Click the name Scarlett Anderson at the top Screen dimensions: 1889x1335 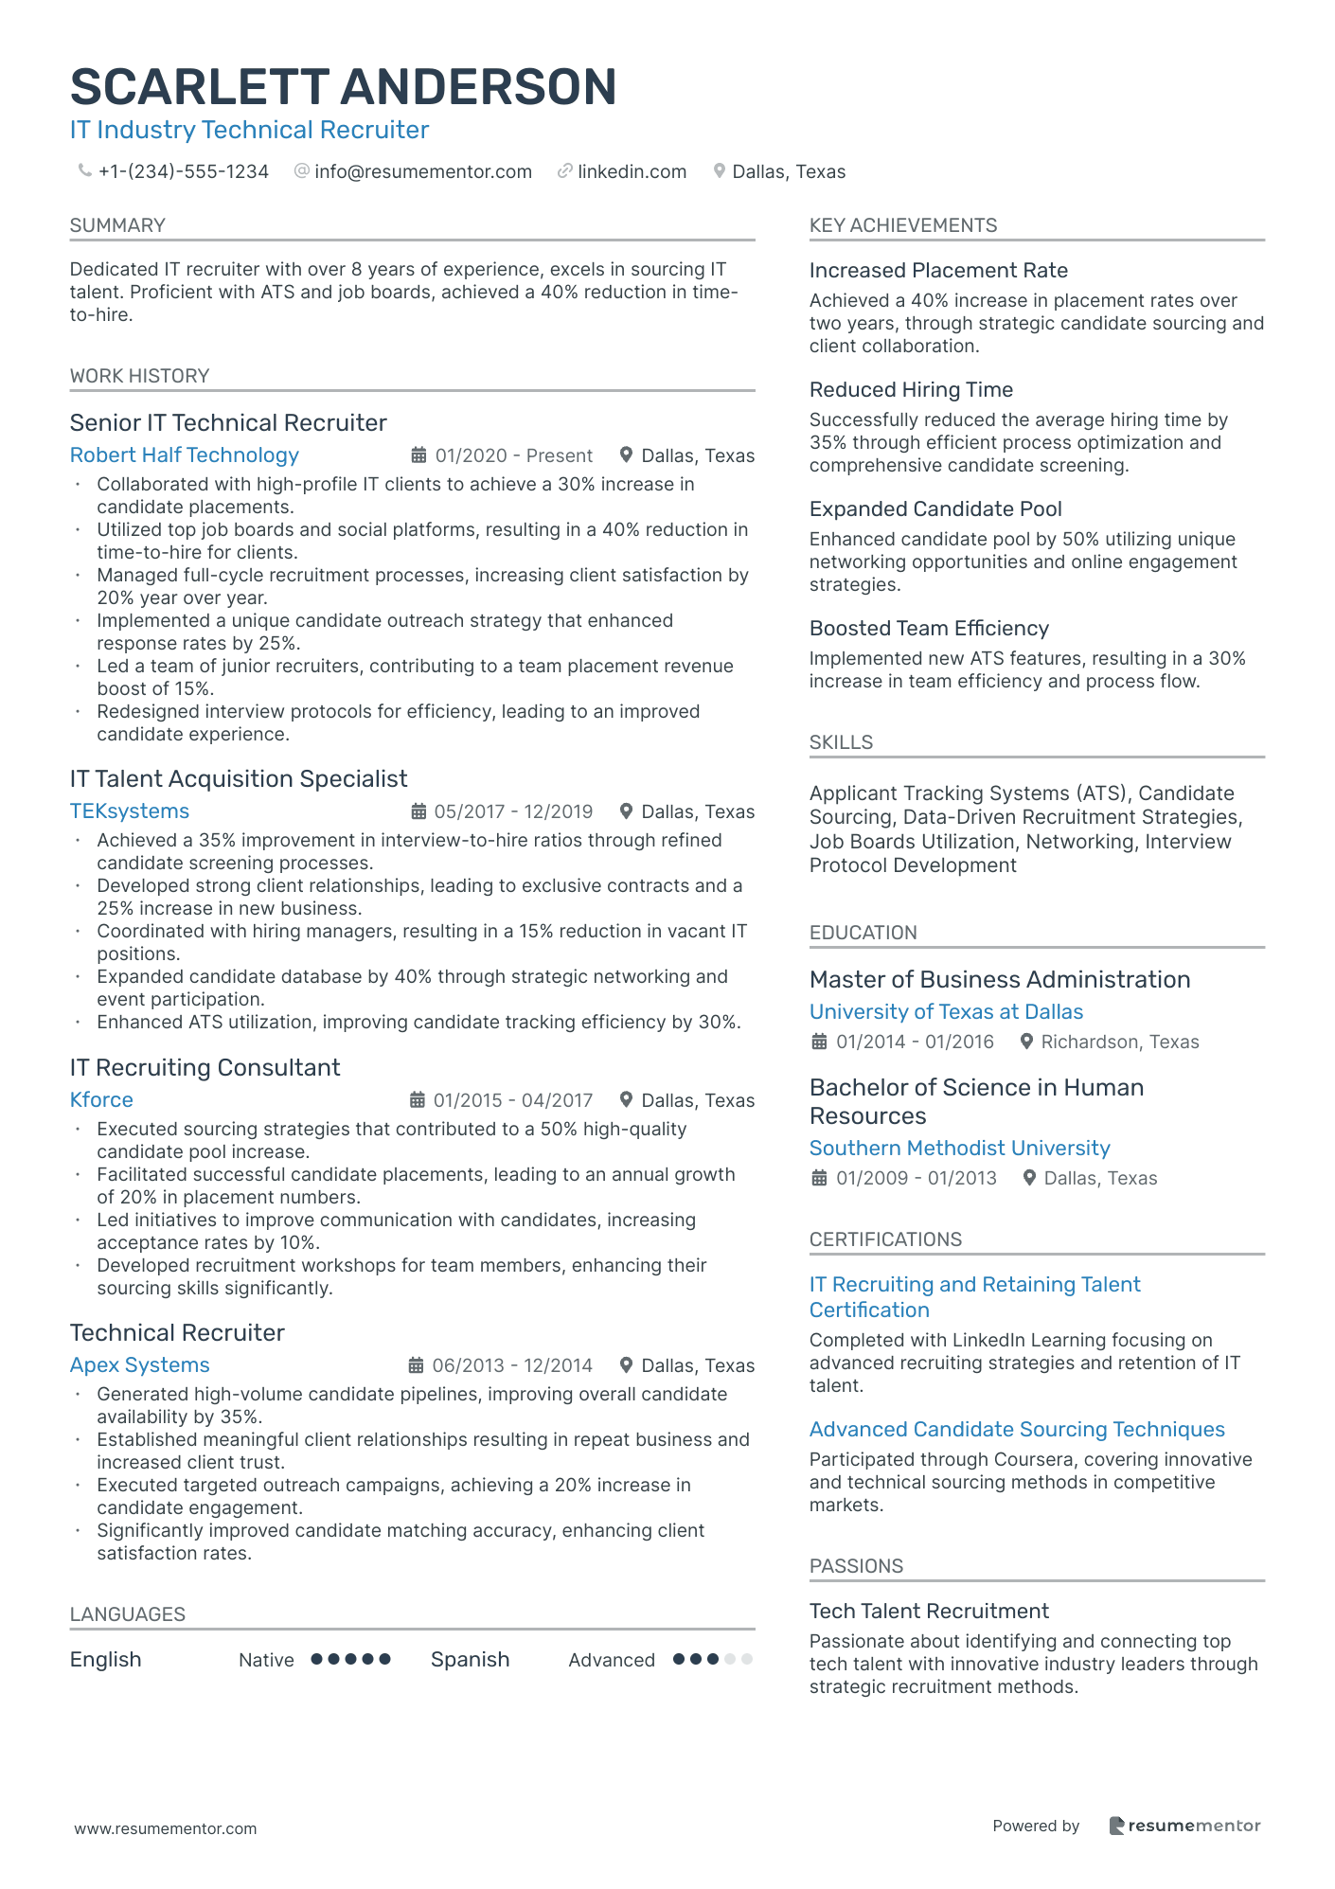[343, 87]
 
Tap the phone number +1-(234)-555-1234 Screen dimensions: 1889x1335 [183, 171]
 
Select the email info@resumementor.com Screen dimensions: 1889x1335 [422, 171]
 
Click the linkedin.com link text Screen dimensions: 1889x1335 [632, 171]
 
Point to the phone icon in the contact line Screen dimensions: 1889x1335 [84, 170]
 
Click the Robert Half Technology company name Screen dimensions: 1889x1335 [184, 455]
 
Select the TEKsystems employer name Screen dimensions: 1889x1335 [129, 811]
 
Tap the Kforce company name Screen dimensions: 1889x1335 [101, 1100]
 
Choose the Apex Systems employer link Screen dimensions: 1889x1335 [139, 1365]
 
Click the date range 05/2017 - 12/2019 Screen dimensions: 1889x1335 [512, 811]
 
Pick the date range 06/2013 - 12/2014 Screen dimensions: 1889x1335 [511, 1365]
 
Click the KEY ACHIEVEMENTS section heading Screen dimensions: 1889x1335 [902, 225]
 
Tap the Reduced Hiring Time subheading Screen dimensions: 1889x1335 [911, 390]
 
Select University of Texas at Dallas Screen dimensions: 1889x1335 [946, 1012]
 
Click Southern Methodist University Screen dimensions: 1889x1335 [959, 1149]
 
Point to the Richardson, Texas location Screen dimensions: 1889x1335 [1119, 1043]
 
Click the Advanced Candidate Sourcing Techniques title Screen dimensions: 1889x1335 [1017, 1430]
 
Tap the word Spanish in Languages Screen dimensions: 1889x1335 [470, 1660]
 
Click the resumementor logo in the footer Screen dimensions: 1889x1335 [1184, 1827]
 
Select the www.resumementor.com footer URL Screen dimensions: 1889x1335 [166, 1828]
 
